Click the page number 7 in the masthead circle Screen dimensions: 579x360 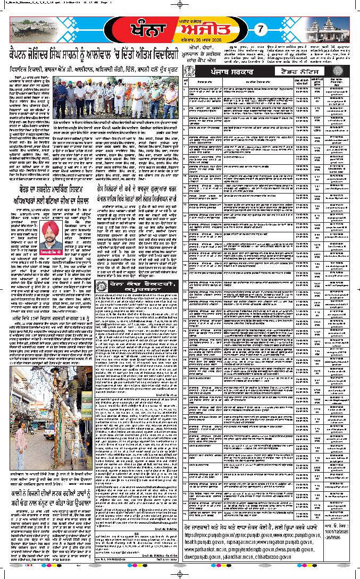(x=254, y=30)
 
